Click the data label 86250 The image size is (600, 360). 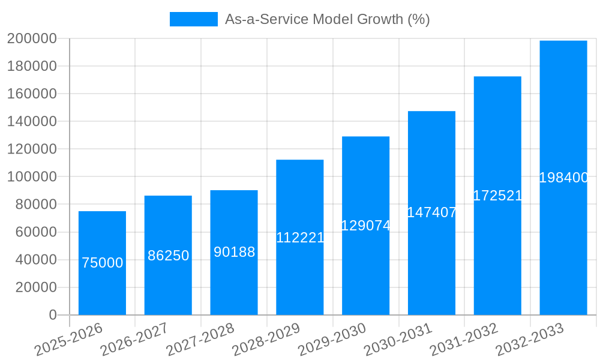pyautogui.click(x=168, y=256)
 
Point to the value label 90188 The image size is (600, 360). pyautogui.click(x=234, y=252)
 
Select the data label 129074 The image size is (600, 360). pyautogui.click(x=365, y=226)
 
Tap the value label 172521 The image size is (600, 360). pyautogui.click(x=497, y=196)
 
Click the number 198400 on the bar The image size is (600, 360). pyautogui.click(x=563, y=178)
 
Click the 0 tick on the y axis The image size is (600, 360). pyautogui.click(x=53, y=315)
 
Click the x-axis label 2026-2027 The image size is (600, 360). pyautogui.click(x=133, y=340)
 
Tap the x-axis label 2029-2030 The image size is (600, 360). pyautogui.click(x=331, y=340)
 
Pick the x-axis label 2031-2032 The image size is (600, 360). pyautogui.click(x=463, y=340)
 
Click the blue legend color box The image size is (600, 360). pyautogui.click(x=193, y=19)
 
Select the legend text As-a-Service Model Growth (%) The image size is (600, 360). pyautogui.click(x=327, y=19)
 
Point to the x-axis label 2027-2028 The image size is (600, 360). pyautogui.click(x=199, y=340)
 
